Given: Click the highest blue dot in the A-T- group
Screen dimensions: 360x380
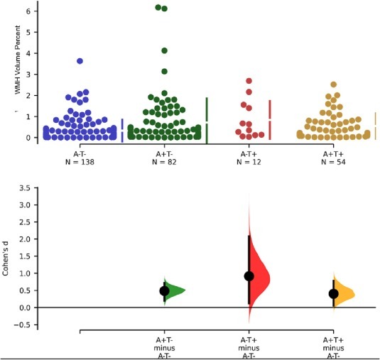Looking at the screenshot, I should tap(80, 61).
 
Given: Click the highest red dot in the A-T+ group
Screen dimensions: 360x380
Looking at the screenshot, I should tap(249, 81).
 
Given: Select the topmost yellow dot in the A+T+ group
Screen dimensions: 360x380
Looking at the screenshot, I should tap(334, 84).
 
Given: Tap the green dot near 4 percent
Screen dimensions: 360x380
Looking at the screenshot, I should tap(165, 50).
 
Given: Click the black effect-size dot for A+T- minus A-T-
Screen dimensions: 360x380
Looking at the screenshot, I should tap(164, 290).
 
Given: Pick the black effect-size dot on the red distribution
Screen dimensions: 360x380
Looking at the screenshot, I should tap(249, 276).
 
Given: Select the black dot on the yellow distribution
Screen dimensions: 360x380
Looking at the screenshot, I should tap(334, 293).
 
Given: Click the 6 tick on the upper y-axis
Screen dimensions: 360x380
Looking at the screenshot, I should tap(28, 11).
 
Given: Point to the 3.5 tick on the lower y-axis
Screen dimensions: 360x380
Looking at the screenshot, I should tap(23, 188).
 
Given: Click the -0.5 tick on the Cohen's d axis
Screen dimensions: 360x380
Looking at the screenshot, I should tap(23, 324).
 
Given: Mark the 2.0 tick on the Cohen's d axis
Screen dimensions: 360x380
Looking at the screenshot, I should tap(23, 239).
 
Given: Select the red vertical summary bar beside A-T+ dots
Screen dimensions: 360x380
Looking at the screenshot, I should tap(270, 119).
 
